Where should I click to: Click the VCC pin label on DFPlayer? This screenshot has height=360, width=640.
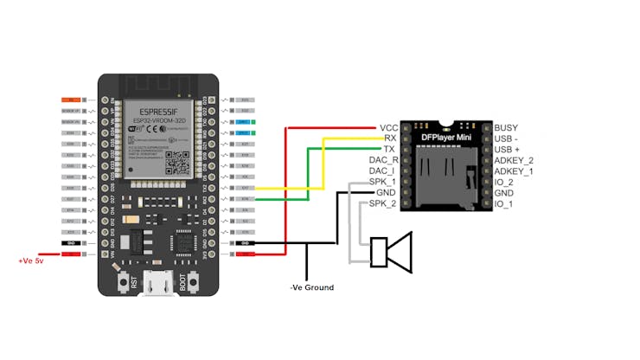click(x=387, y=127)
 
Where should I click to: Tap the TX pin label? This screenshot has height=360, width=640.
click(x=389, y=149)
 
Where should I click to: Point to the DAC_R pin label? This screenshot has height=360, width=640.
click(x=383, y=160)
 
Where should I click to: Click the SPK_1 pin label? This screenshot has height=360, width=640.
click(x=382, y=182)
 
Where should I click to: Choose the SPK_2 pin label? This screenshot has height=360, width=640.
click(x=382, y=203)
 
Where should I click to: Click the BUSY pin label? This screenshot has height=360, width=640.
click(x=506, y=127)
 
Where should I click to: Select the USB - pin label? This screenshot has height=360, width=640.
click(x=509, y=138)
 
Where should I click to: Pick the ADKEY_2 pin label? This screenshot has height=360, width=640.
click(x=514, y=160)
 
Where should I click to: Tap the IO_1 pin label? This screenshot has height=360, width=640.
click(x=503, y=203)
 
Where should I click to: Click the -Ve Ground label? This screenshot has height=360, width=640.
click(x=311, y=287)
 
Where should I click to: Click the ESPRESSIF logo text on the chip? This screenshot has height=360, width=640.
click(x=153, y=110)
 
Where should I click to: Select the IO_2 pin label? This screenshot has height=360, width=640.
click(x=503, y=182)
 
